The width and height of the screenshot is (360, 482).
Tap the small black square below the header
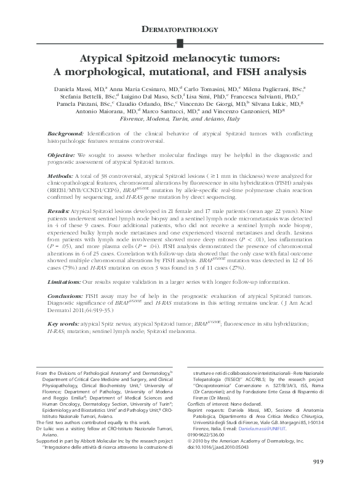point(180,42)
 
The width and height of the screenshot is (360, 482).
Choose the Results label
point(59,210)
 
